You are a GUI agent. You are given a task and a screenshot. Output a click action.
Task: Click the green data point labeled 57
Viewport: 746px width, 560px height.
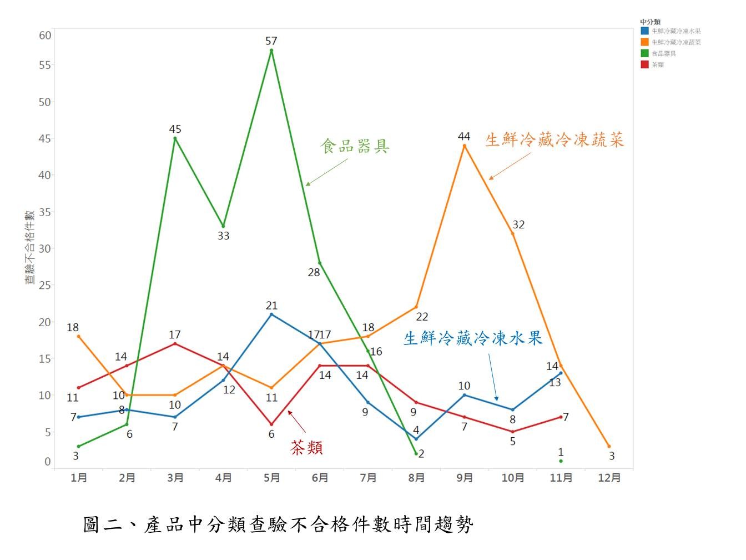coord(271,51)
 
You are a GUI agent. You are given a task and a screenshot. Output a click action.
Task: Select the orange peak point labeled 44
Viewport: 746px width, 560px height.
coord(464,146)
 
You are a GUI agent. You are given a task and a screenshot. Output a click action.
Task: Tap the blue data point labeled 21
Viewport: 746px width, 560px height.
coord(271,314)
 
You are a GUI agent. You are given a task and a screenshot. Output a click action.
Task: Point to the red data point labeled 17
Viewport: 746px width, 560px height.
coord(175,344)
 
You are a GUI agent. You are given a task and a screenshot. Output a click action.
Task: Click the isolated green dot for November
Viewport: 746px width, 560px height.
coord(561,461)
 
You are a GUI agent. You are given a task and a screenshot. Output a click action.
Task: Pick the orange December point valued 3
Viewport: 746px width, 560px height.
coord(609,446)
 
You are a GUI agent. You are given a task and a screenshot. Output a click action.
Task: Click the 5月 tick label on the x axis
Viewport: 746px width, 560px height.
coord(271,478)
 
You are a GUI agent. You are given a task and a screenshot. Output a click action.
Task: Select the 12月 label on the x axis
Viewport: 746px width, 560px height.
coord(609,478)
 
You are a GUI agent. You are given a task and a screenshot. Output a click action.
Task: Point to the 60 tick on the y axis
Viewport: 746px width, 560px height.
coord(45,36)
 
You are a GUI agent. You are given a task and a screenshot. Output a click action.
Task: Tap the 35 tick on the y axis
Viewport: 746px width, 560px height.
coord(45,212)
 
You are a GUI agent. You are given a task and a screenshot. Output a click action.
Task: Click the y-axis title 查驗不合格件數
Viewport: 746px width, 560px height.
coord(29,247)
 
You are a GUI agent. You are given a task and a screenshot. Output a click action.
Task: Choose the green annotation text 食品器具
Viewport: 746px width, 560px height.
coord(355,146)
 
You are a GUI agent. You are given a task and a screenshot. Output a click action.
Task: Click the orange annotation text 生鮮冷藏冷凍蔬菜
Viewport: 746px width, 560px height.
coord(555,139)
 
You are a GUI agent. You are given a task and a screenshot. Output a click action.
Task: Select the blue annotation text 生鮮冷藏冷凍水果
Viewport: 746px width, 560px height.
coord(472,338)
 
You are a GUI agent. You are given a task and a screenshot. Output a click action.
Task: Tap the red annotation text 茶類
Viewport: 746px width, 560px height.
coord(307,448)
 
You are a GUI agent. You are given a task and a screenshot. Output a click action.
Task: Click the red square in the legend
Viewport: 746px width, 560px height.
coord(644,64)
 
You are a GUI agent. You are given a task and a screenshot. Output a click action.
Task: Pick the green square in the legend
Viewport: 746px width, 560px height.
coord(644,53)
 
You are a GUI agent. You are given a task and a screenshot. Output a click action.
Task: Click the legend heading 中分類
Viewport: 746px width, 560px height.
coord(650,22)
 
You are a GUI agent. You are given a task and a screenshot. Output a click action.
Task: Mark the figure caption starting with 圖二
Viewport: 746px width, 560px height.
coord(278,524)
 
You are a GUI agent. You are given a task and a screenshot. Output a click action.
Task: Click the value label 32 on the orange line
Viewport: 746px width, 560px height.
coord(518,225)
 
